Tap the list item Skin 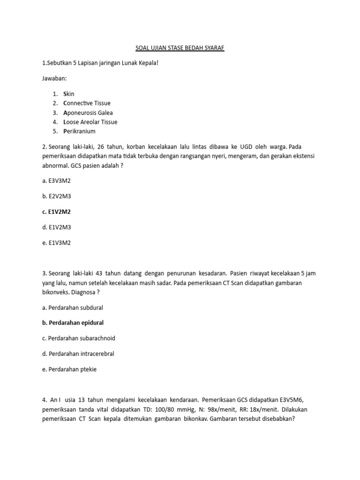tap(68, 94)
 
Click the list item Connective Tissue tap(87, 103)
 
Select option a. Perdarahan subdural tap(73, 307)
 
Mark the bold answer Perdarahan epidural tap(73, 323)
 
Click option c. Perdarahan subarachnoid tap(79, 338)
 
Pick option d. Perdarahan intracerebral tap(78, 353)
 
